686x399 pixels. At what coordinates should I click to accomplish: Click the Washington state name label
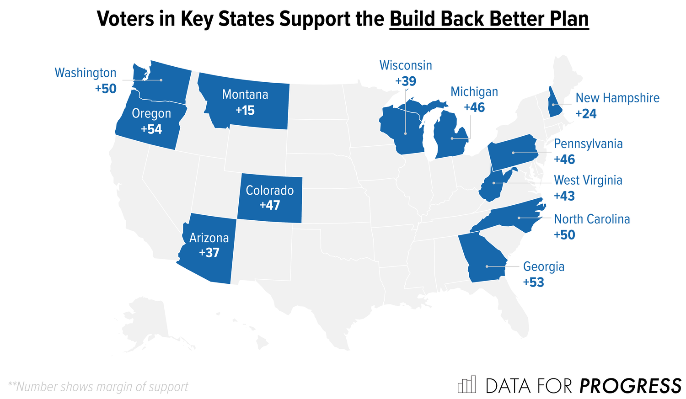(86, 73)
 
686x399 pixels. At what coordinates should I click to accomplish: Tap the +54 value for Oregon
(151, 129)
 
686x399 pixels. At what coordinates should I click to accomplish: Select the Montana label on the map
(245, 95)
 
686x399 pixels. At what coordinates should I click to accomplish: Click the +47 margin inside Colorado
(270, 205)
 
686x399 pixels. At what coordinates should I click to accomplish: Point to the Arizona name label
(209, 238)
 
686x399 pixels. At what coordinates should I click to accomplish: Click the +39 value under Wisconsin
(406, 81)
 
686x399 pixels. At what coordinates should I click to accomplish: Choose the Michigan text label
(474, 92)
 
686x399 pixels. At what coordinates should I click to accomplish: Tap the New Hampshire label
(617, 98)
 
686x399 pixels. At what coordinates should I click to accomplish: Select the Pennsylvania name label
(588, 144)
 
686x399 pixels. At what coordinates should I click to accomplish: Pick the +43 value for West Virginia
(564, 196)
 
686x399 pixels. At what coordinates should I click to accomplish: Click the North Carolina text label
(592, 219)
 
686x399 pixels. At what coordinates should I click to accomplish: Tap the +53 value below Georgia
(534, 282)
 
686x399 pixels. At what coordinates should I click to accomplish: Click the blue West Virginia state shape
(492, 187)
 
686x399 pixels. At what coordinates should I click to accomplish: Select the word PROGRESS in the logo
(630, 386)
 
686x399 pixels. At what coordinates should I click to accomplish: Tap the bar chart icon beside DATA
(467, 385)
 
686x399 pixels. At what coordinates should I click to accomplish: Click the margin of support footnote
(98, 387)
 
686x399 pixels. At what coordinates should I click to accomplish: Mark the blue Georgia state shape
(484, 261)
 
